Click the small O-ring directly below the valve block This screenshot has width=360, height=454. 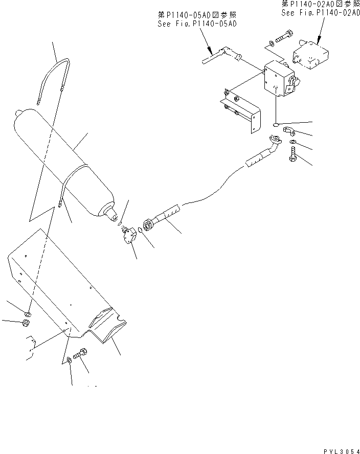276,124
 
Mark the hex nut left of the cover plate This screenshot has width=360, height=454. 24,323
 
